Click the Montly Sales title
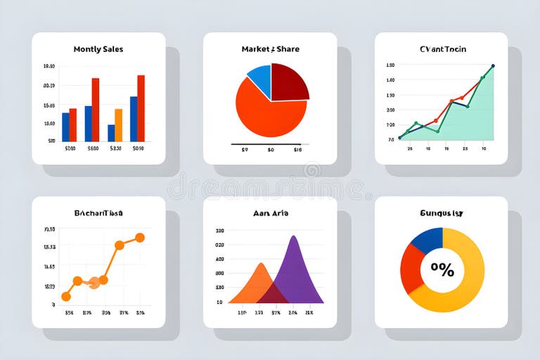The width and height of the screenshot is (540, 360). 98,49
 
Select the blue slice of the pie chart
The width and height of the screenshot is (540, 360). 260,79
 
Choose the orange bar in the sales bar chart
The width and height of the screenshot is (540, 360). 118,125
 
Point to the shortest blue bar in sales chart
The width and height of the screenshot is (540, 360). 111,133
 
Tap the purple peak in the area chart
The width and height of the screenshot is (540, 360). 295,271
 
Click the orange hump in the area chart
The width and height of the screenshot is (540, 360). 257,285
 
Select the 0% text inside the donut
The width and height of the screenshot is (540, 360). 442,269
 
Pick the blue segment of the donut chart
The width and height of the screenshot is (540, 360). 425,240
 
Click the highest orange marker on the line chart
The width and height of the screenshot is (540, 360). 140,238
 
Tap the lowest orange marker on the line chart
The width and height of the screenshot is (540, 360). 66,297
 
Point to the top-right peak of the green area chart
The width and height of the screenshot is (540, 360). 492,66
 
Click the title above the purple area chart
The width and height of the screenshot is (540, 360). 271,212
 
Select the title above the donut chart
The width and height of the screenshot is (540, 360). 441,212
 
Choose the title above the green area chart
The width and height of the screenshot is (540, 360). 442,49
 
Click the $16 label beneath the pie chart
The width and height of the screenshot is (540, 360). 297,150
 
